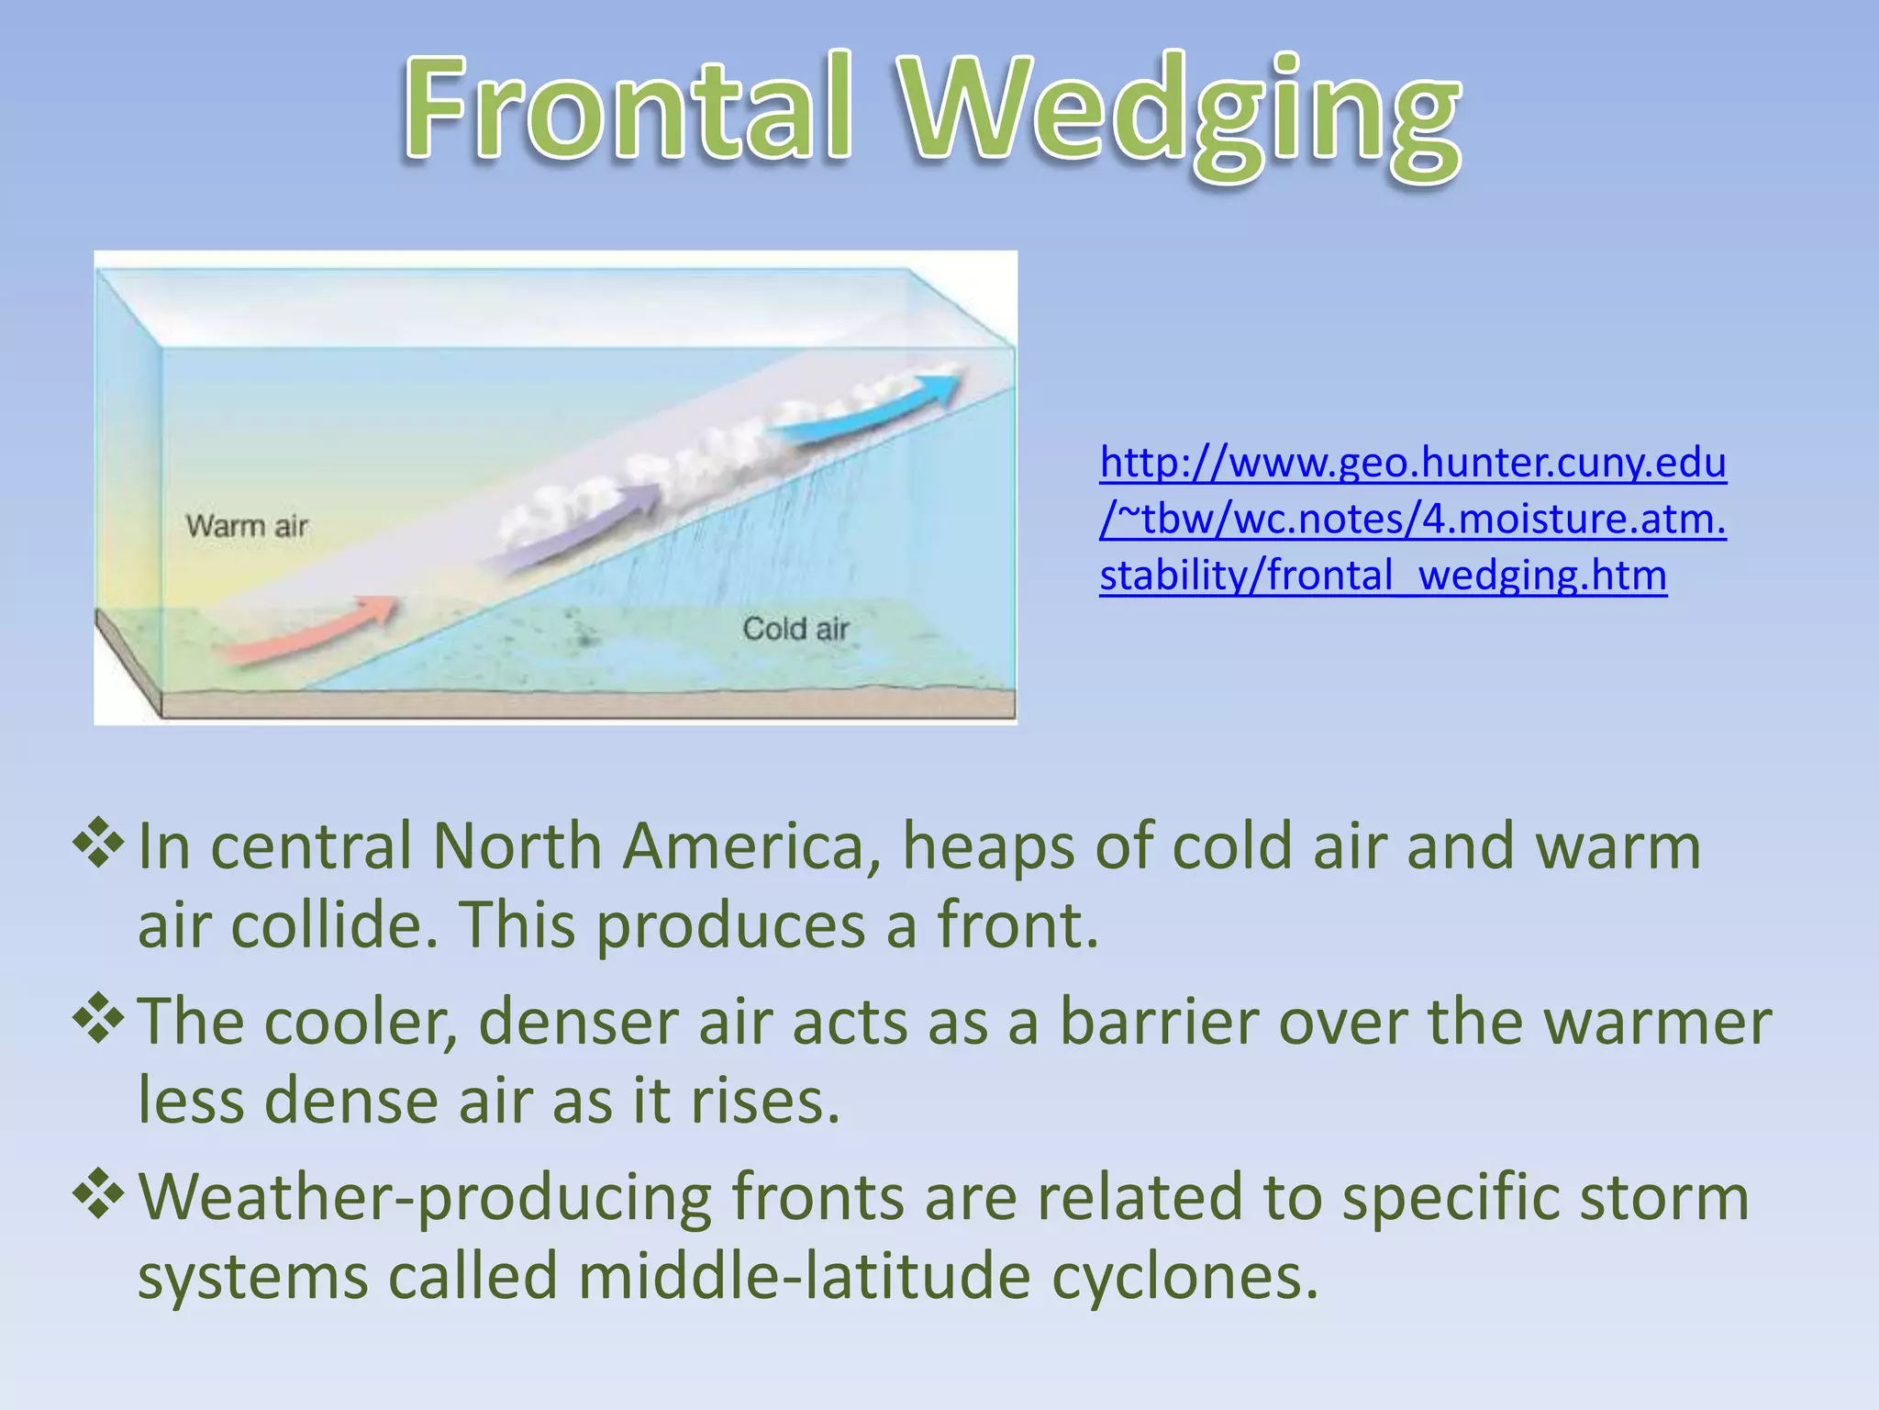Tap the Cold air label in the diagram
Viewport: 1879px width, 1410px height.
pyautogui.click(x=795, y=630)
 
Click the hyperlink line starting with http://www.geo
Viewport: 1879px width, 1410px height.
pyautogui.click(x=1413, y=462)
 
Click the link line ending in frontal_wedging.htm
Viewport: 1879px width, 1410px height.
pyautogui.click(x=1383, y=576)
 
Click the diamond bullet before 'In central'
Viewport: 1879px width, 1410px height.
pyautogui.click(x=98, y=843)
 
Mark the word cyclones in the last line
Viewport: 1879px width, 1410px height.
pyautogui.click(x=1184, y=1277)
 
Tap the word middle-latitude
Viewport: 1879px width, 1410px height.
pyautogui.click(x=804, y=1277)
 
